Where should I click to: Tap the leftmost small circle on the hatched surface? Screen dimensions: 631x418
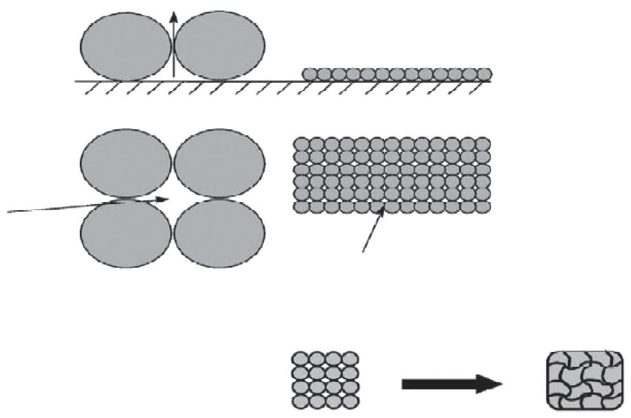[x=310, y=74]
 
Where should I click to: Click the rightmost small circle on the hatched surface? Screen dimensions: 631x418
[x=485, y=74]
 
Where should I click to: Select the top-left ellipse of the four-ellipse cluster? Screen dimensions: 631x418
[x=126, y=163]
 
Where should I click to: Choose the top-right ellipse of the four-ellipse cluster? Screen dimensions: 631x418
[x=219, y=163]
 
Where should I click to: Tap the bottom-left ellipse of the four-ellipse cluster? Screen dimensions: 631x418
[x=126, y=233]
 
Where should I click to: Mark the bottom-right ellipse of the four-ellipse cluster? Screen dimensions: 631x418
[x=219, y=233]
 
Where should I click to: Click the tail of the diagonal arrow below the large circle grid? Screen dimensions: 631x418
[x=363, y=252]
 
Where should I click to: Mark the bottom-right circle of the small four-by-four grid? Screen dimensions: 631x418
[x=350, y=400]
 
